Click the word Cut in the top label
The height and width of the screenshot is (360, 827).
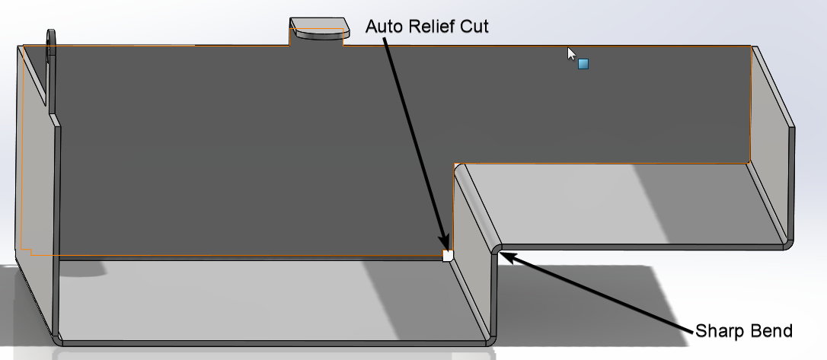(473, 27)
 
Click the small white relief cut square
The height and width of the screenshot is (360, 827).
(448, 256)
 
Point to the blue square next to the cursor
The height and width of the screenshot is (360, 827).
(583, 64)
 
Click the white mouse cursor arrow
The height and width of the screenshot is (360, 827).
(571, 54)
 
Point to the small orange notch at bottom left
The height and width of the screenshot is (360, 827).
(27, 251)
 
